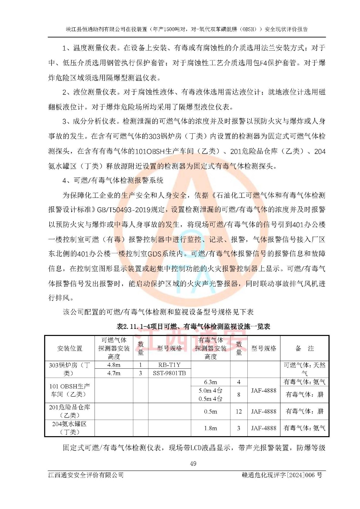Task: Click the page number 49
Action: [193, 464]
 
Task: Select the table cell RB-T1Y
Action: [169, 365]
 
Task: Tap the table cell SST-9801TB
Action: [169, 373]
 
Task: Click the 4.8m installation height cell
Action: [114, 365]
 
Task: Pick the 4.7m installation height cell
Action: [114, 373]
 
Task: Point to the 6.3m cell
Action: [210, 382]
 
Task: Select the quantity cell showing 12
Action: [239, 411]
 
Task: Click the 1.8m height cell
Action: [210, 428]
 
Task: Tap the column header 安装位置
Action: [70, 348]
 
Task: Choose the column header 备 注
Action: [304, 348]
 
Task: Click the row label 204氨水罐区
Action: [70, 428]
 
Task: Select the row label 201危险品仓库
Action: [70, 411]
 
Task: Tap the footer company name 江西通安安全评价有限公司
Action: [86, 475]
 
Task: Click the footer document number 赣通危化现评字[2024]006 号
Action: [282, 475]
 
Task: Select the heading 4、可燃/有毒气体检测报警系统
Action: [113, 180]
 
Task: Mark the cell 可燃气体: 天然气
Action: [304, 369]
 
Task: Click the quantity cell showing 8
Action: [239, 394]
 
